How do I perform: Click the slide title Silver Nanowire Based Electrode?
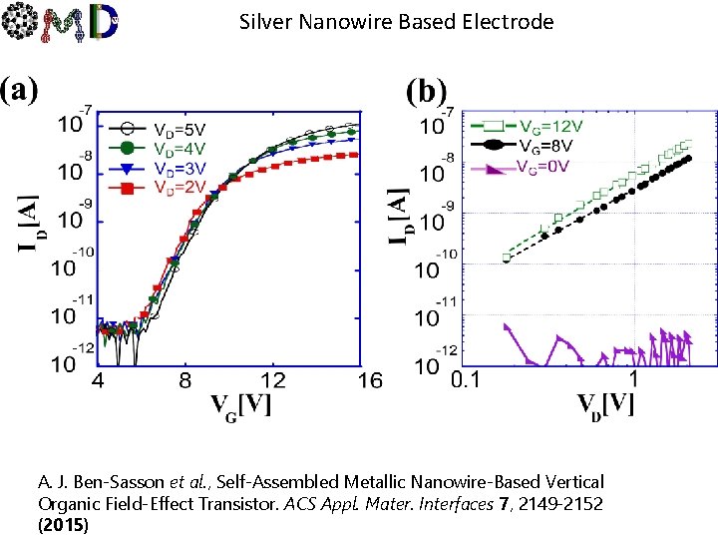pyautogui.click(x=396, y=21)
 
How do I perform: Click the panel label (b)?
pyautogui.click(x=427, y=92)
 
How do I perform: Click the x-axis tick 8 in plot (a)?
pyautogui.click(x=185, y=381)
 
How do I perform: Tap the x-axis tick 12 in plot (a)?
pyautogui.click(x=273, y=381)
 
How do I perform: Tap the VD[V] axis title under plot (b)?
pyautogui.click(x=603, y=406)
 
